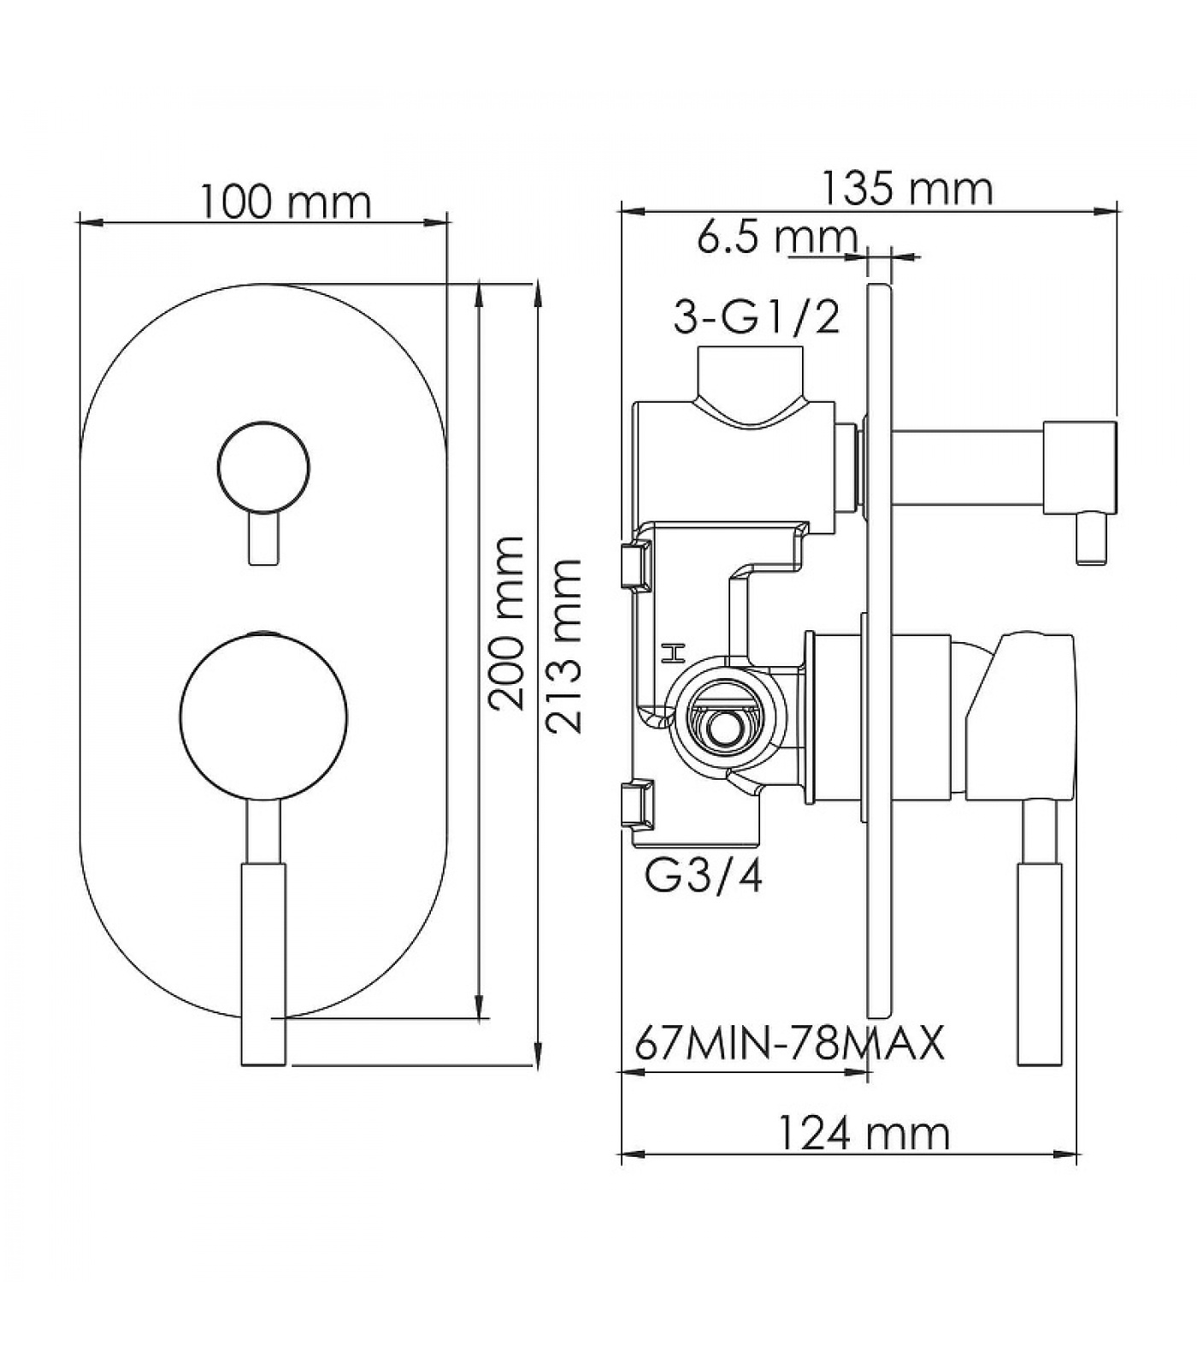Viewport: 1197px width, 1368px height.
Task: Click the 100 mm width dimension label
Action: click(x=286, y=203)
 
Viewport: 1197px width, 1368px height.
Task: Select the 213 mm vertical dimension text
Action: click(x=564, y=646)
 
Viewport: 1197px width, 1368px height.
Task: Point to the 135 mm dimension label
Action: click(x=907, y=189)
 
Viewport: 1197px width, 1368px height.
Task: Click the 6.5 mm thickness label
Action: click(x=776, y=237)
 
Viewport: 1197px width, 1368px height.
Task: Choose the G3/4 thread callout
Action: click(x=704, y=878)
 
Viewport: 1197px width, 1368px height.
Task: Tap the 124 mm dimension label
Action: click(x=864, y=1134)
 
